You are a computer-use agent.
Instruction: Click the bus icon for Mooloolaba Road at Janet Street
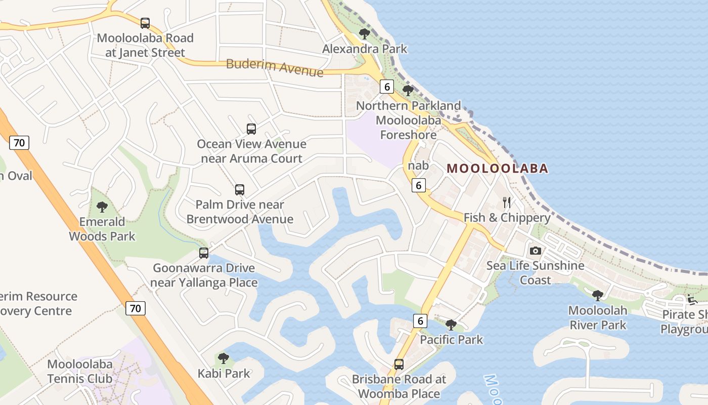point(145,23)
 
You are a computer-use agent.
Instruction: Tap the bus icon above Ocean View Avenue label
point(251,129)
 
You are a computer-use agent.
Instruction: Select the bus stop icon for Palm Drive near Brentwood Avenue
point(240,190)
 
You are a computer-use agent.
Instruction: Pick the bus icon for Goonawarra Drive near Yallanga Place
point(204,253)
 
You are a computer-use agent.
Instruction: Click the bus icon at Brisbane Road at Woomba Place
point(399,364)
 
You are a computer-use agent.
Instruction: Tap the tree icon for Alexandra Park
point(364,34)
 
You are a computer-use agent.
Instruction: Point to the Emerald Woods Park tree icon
point(102,207)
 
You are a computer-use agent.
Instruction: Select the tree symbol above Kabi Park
point(224,358)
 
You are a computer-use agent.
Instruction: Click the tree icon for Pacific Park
point(451,325)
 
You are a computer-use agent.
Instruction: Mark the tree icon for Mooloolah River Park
point(598,295)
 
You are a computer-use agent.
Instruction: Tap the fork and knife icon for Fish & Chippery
point(507,203)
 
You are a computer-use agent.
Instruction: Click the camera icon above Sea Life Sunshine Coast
point(535,251)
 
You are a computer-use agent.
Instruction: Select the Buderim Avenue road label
point(275,67)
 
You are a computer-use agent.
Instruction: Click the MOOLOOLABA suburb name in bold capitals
point(498,169)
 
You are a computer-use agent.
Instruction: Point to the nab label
point(418,166)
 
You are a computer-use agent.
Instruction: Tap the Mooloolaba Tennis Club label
point(79,371)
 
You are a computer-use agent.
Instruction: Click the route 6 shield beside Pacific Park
point(420,320)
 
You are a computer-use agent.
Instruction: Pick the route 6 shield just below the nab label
point(419,185)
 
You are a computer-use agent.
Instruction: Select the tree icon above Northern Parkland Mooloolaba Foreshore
point(408,91)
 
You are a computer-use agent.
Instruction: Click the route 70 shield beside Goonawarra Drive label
point(136,308)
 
